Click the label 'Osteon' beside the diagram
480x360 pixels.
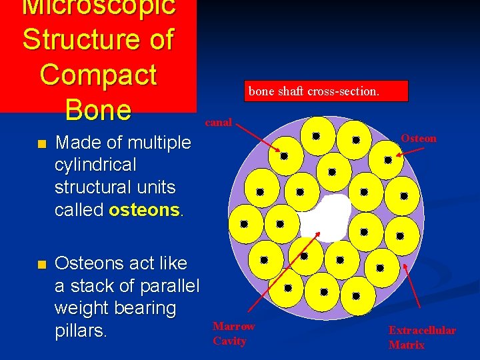point(418,138)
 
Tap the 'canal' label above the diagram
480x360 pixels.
point(218,122)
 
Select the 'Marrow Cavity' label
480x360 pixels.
point(233,333)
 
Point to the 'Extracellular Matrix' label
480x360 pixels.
point(422,337)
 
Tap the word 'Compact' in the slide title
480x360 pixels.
point(98,75)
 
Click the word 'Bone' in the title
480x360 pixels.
point(98,110)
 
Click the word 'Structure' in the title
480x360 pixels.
point(74,39)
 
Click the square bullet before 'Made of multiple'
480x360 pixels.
point(41,144)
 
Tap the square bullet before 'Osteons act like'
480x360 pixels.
point(41,265)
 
